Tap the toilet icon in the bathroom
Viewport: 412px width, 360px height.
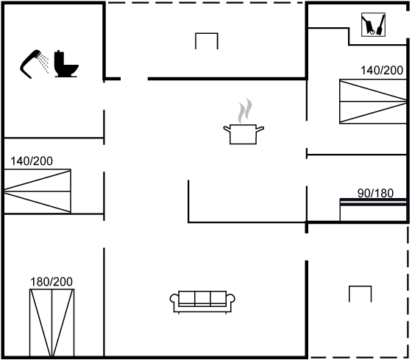click(65, 64)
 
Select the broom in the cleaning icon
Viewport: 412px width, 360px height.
click(381, 25)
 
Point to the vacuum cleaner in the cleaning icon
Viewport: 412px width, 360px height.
click(369, 25)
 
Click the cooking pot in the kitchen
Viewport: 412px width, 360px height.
click(244, 134)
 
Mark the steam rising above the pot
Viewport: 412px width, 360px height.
click(244, 110)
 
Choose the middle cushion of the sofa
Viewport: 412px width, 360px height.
click(202, 297)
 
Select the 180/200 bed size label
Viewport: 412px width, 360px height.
click(51, 282)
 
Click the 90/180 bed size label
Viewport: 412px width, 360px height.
click(375, 194)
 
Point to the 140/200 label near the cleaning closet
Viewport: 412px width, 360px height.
click(382, 71)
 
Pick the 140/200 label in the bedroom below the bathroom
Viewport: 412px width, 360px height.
click(32, 161)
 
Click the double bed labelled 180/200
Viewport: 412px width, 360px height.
click(51, 323)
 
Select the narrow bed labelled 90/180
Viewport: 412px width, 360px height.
click(374, 210)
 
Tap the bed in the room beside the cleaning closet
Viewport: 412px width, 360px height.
click(373, 102)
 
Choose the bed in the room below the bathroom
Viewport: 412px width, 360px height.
click(38, 191)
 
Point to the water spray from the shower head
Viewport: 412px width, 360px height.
click(43, 63)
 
